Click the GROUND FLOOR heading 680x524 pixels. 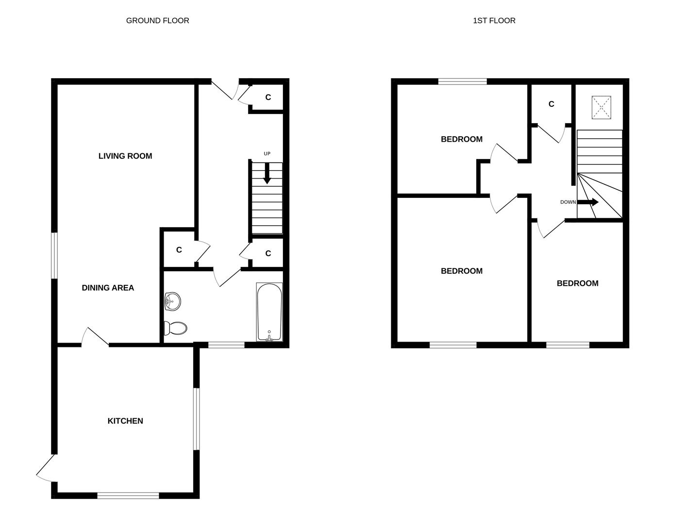point(157,21)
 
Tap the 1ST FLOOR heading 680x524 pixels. point(494,21)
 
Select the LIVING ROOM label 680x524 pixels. point(125,156)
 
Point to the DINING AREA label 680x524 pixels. point(108,288)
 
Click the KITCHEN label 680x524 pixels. point(125,421)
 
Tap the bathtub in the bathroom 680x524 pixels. point(269,312)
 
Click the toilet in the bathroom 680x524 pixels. point(175,328)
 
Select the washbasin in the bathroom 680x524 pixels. point(172,302)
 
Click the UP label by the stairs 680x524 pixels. point(267,154)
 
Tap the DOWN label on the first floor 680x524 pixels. point(568,202)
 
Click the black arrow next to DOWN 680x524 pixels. point(588,202)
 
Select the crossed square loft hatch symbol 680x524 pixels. point(601,108)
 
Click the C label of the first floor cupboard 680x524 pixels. point(551,104)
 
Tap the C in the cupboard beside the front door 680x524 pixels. point(268,98)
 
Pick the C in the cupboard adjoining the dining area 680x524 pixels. point(179,250)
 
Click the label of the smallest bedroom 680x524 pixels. point(578,283)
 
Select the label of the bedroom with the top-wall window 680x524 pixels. point(462,139)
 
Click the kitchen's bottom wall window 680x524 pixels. point(128,495)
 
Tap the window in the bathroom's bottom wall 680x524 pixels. point(226,345)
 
